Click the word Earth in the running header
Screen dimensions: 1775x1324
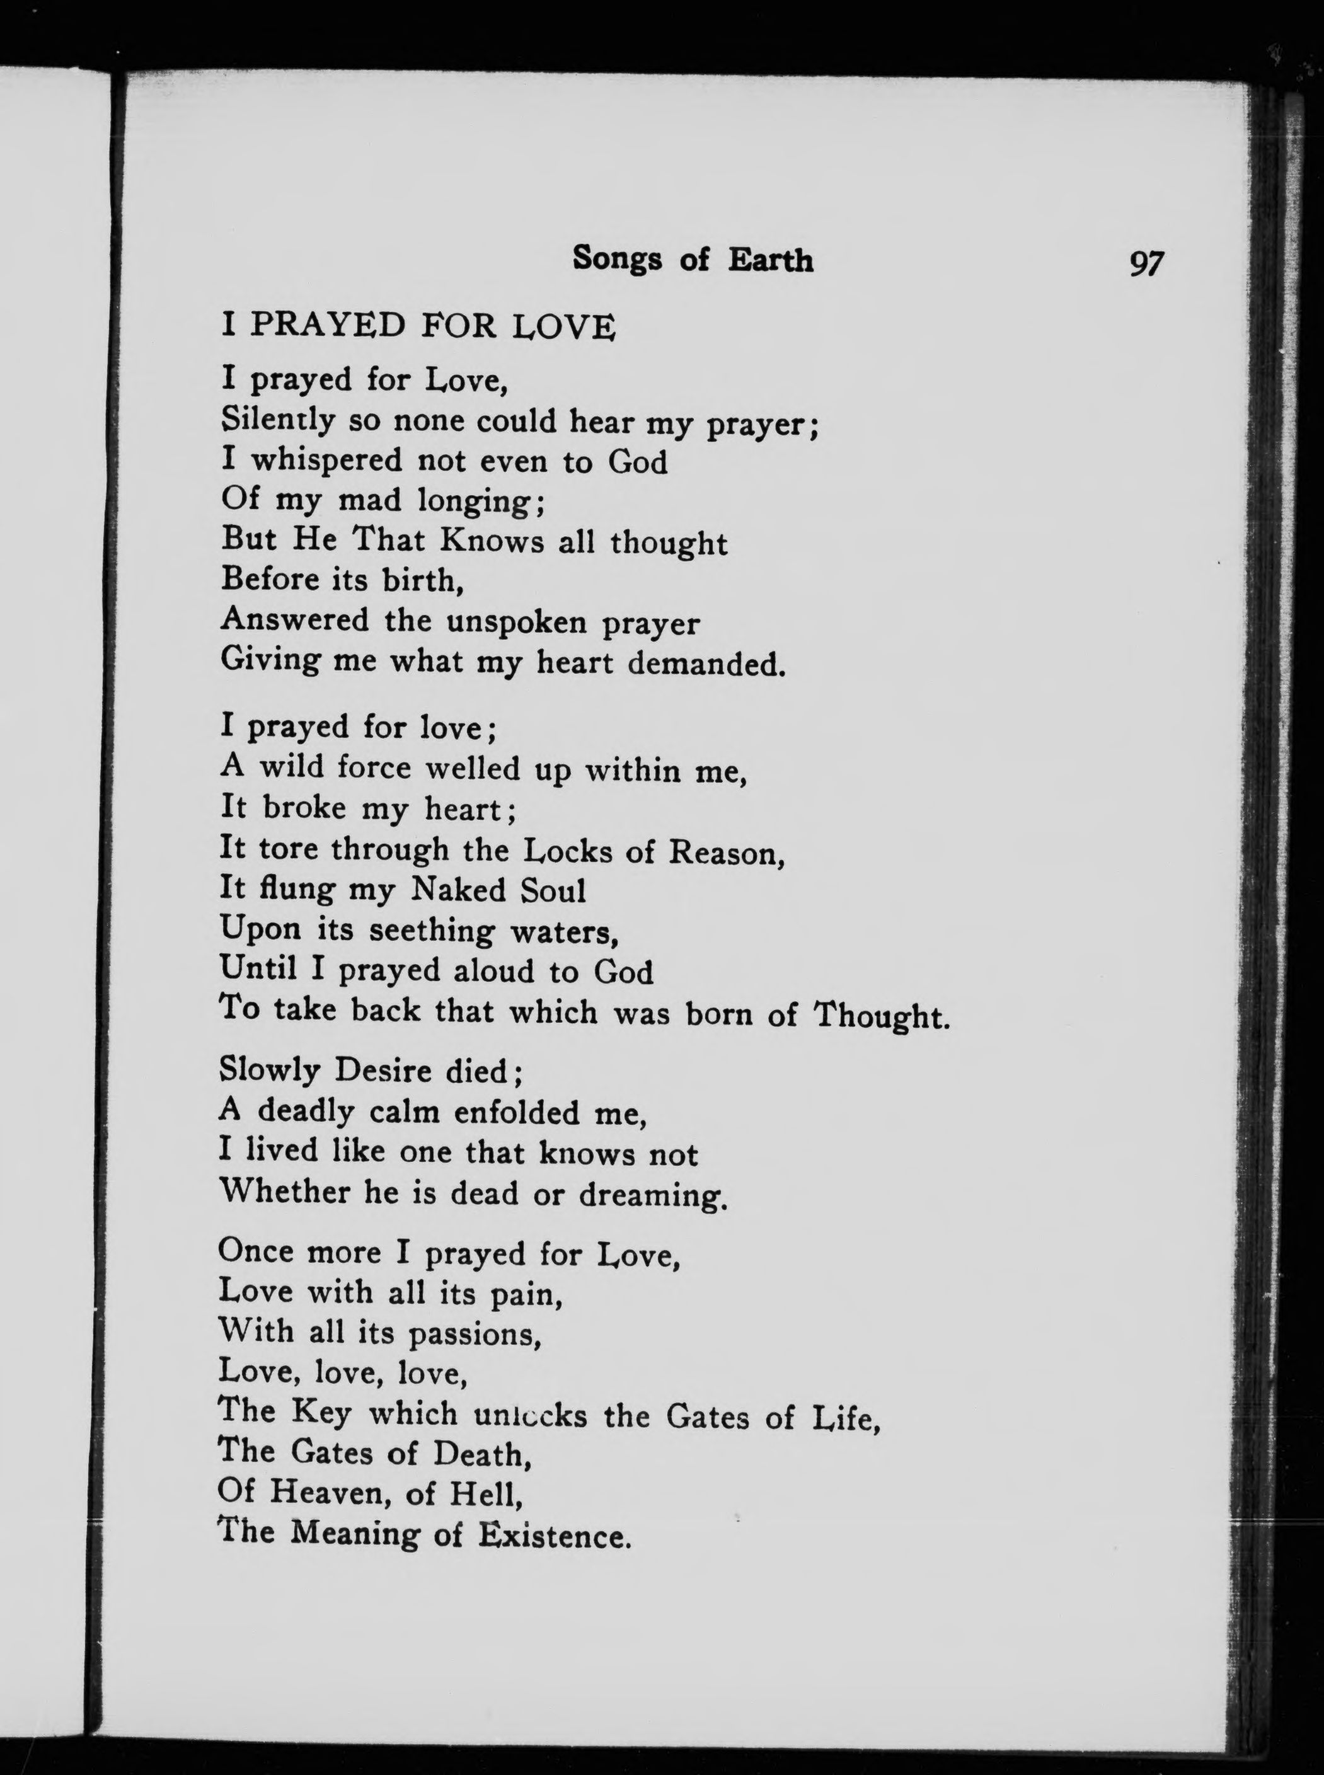(x=770, y=259)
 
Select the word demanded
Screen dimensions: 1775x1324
(x=705, y=663)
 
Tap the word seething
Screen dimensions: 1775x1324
(x=431, y=931)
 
